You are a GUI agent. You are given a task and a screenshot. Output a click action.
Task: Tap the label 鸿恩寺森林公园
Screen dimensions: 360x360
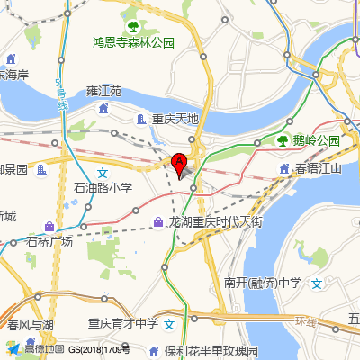(133, 42)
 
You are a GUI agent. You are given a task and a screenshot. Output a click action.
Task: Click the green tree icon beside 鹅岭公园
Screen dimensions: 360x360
(283, 140)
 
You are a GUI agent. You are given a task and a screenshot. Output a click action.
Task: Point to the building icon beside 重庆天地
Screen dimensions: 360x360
(141, 119)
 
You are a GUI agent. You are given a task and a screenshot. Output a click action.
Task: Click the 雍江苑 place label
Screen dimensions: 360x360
(103, 92)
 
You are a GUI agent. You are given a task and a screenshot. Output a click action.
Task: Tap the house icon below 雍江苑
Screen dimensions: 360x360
(103, 109)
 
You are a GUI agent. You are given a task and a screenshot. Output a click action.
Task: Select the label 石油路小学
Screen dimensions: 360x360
(103, 189)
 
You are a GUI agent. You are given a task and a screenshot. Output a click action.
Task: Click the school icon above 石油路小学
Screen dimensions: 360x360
(103, 172)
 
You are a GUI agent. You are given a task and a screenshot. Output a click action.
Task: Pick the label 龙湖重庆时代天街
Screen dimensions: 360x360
(216, 221)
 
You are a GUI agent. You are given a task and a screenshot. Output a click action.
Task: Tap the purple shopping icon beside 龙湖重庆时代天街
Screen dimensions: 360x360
(158, 221)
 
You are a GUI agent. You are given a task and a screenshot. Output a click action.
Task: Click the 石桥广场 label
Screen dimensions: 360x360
(49, 242)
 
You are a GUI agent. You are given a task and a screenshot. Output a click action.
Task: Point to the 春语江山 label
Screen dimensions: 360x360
(319, 168)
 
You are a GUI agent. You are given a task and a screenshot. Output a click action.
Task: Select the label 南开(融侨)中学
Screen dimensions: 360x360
(264, 283)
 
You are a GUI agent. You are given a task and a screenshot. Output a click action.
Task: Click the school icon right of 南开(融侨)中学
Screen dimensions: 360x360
(317, 283)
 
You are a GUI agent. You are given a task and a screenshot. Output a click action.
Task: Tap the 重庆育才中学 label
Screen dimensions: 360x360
(122, 322)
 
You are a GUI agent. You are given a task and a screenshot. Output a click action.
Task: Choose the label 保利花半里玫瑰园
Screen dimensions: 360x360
(211, 350)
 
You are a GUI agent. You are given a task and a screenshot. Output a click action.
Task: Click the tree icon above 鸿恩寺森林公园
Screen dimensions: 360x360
(133, 26)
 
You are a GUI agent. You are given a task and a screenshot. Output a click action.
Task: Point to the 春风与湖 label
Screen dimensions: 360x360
(30, 325)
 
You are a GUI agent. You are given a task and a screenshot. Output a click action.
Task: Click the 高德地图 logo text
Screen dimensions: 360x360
(43, 349)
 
